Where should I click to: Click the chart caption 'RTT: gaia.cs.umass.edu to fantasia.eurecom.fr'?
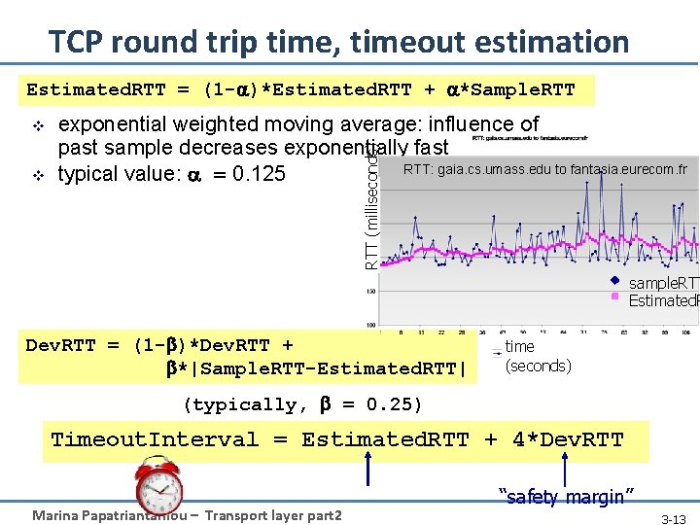pyautogui.click(x=544, y=169)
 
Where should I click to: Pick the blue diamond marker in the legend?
pyautogui.click(x=614, y=282)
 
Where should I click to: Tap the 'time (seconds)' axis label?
pyautogui.click(x=537, y=356)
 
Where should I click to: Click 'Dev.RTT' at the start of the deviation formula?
pyautogui.click(x=61, y=346)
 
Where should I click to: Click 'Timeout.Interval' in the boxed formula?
pyautogui.click(x=156, y=439)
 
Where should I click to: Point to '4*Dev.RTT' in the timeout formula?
pyautogui.click(x=567, y=439)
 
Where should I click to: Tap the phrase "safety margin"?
pyautogui.click(x=560, y=497)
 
